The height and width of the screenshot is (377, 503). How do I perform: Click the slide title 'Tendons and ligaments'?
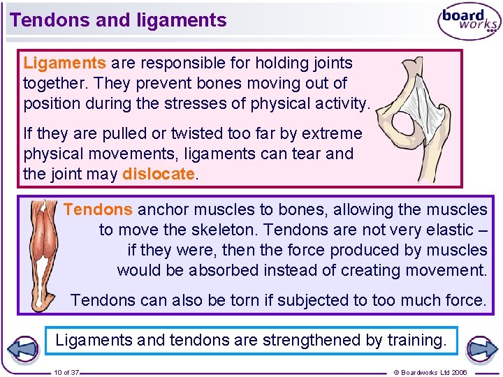118,20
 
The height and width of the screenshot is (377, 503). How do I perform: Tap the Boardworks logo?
469,22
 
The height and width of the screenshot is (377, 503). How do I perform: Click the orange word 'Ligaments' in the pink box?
64,63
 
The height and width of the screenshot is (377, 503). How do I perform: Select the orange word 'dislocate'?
158,174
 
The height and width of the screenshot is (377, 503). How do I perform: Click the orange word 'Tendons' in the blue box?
98,209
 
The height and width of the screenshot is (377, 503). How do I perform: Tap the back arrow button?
22,349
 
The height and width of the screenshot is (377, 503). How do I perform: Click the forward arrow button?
481,349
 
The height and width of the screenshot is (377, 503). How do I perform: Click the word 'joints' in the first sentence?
331,63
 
